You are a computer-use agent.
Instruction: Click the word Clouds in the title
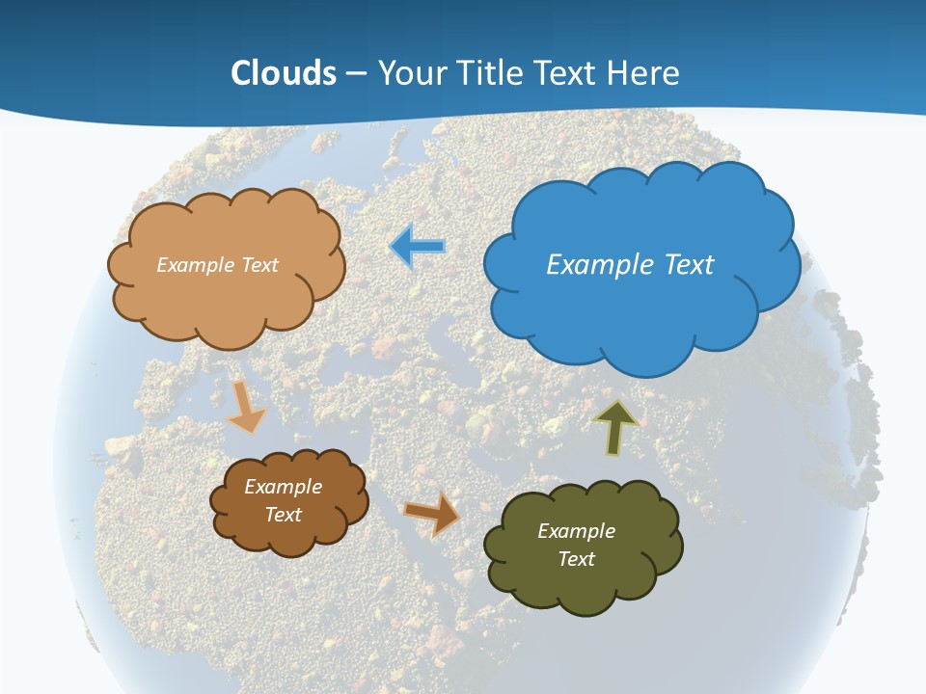coord(284,73)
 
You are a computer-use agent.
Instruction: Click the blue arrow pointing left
coord(418,248)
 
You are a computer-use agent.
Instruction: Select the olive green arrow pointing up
coord(615,427)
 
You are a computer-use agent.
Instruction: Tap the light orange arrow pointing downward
coord(246,406)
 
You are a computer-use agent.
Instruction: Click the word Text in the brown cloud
coord(283,515)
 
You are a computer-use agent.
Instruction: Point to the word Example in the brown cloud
coord(283,487)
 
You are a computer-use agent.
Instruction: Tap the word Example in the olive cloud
coord(576,531)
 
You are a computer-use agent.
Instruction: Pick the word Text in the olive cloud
coord(576,559)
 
